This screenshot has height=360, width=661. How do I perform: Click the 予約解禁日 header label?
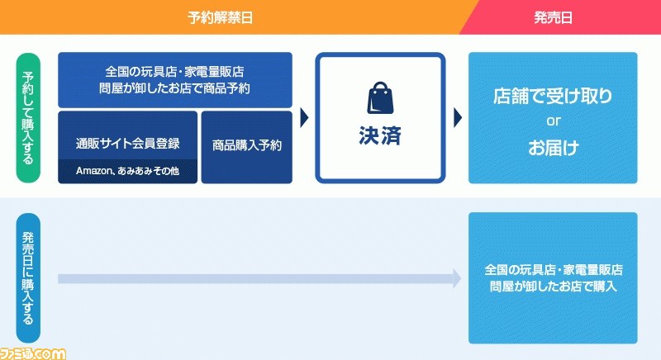tap(220, 17)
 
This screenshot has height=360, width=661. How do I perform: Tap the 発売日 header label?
tap(553, 17)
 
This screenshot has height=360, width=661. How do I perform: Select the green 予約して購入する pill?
tap(28, 117)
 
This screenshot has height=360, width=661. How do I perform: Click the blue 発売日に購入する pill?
tap(28, 278)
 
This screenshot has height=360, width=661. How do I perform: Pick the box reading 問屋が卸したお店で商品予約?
tap(175, 80)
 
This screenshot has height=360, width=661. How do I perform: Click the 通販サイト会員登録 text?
tap(128, 144)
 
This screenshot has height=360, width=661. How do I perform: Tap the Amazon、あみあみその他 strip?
tap(128, 171)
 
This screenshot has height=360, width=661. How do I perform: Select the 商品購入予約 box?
tap(246, 147)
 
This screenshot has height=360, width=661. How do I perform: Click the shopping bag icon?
tap(380, 97)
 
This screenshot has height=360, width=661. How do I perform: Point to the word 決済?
tap(380, 135)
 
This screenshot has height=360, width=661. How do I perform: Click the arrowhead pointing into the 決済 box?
tap(304, 117)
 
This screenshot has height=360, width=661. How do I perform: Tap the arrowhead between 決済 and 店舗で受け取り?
tap(458, 117)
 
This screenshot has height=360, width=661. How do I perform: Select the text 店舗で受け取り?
tap(553, 96)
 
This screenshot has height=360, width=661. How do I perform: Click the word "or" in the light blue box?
tap(553, 121)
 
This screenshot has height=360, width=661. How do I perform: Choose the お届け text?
tap(553, 148)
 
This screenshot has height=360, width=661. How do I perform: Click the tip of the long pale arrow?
tap(461, 278)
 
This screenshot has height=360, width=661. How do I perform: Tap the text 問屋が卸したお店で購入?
tap(553, 287)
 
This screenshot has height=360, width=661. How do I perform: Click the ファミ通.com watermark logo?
tap(33, 353)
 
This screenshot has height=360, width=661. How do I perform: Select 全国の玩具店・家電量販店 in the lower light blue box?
tap(553, 270)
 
